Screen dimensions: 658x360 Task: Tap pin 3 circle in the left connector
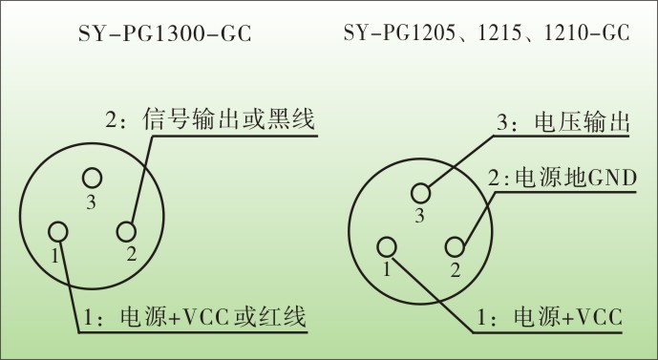[x=92, y=178]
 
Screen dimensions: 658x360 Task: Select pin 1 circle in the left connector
[x=58, y=231]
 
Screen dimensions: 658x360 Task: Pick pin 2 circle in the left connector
[x=126, y=231]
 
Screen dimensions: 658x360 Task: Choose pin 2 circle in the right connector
[x=455, y=246]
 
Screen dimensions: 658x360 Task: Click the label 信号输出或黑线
[x=228, y=120]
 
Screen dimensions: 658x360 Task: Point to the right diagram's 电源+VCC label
[x=568, y=316]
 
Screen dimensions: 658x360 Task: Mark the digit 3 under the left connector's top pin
[x=91, y=202]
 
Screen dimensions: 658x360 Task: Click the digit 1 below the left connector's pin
[x=55, y=256]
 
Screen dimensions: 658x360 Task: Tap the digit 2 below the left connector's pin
[x=131, y=254]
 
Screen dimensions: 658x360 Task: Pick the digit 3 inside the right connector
[x=418, y=216]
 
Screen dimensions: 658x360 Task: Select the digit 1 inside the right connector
[x=387, y=269]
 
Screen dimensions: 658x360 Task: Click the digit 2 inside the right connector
[x=456, y=269]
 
